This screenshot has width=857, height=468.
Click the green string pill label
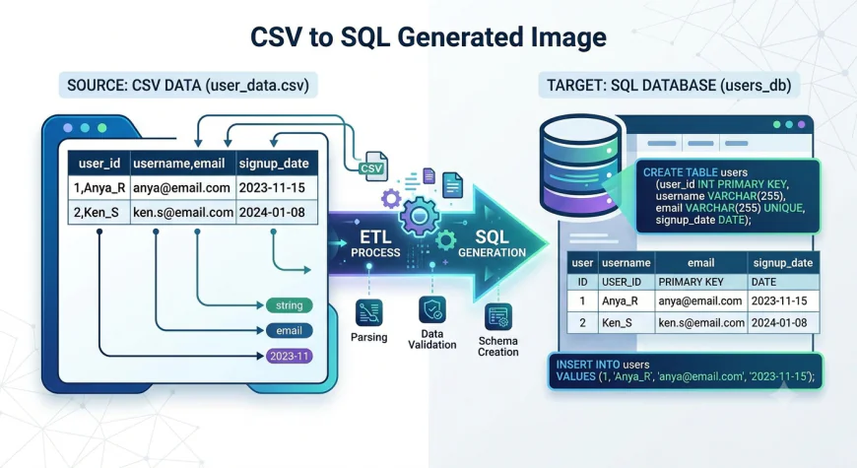[x=290, y=305]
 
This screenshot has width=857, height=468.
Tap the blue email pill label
[x=290, y=330]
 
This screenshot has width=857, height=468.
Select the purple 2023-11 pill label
[x=290, y=356]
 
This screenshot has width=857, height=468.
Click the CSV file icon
[x=373, y=167]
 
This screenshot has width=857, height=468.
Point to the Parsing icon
[x=369, y=312]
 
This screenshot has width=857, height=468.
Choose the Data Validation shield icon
[x=432, y=310]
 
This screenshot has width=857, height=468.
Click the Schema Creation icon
[x=497, y=316]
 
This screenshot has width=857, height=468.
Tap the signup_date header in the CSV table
[x=274, y=164]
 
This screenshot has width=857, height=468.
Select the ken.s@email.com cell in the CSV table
[x=183, y=212]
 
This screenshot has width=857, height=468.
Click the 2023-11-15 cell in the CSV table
[x=272, y=188]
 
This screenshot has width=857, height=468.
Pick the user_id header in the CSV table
[x=99, y=164]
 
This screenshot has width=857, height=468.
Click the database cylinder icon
[x=580, y=166]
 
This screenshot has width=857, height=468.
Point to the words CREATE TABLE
[x=680, y=172]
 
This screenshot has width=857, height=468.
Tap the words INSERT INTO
[x=588, y=365]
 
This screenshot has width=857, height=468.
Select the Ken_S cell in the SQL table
[x=617, y=323]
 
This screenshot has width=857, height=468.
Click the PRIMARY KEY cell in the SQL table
[x=691, y=282]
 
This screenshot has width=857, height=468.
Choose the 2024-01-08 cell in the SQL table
[x=779, y=323]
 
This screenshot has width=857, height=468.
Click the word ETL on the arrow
[x=375, y=236]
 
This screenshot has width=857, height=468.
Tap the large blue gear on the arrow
[x=420, y=216]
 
